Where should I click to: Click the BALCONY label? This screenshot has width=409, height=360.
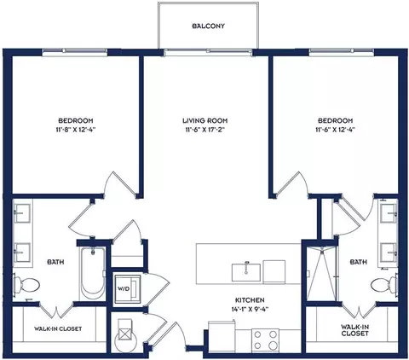208,26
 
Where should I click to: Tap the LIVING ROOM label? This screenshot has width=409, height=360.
204,120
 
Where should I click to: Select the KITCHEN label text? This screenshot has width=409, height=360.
250,300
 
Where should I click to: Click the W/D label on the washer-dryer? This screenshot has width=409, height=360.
124,289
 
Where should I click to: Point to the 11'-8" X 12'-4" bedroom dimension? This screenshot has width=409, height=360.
76,130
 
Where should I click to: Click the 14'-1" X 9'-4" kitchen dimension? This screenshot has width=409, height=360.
250,309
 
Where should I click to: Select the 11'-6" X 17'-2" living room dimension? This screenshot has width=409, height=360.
205,130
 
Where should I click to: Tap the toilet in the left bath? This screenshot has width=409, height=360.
26,284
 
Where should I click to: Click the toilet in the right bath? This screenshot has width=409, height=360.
384,284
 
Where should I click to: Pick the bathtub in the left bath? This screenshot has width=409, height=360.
92,273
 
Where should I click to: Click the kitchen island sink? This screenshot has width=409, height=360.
246,272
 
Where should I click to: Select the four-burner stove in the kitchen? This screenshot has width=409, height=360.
265,340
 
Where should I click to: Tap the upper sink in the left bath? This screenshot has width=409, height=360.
23,213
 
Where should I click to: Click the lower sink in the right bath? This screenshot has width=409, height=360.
389,253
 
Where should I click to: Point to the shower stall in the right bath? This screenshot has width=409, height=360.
321,274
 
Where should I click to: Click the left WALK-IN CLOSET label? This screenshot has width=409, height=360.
58,328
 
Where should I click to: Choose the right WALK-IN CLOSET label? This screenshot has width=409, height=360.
355,330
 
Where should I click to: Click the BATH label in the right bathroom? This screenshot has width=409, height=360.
359,262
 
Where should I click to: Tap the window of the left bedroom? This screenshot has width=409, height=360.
75,52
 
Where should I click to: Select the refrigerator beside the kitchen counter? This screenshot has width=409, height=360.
222,337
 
